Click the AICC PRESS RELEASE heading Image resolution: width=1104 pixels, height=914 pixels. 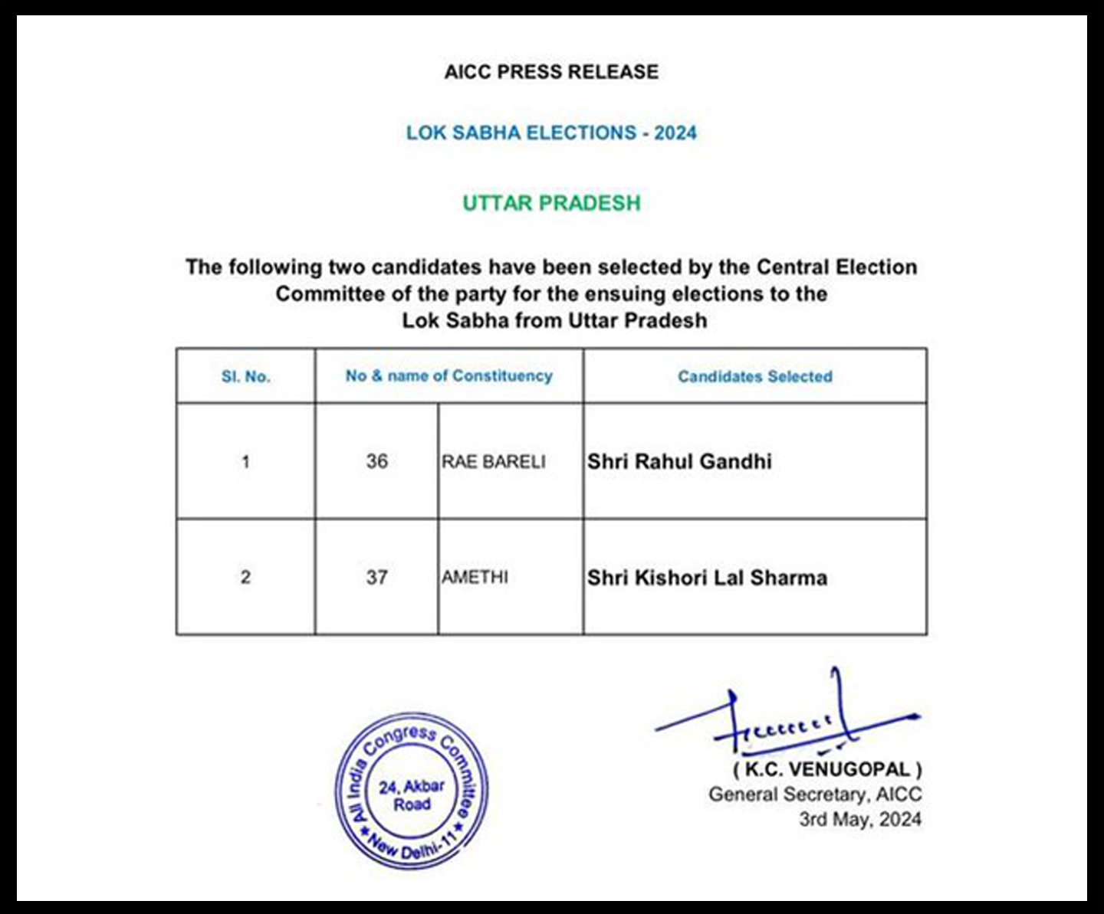[x=551, y=72]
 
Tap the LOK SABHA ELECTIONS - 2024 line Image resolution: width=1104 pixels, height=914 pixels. [x=551, y=133]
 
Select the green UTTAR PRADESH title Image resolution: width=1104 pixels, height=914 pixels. [x=551, y=203]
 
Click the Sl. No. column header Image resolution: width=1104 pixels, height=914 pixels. [x=245, y=376]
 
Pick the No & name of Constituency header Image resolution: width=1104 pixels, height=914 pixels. [x=449, y=375]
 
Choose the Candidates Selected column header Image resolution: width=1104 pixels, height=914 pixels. [x=754, y=376]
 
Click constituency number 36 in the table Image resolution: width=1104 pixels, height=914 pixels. [x=376, y=461]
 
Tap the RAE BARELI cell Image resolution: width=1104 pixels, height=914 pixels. [x=494, y=461]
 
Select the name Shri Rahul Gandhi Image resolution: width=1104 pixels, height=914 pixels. [x=679, y=461]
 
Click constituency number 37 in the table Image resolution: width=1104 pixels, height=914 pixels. [x=376, y=577]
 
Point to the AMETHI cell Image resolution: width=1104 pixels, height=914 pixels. [x=475, y=577]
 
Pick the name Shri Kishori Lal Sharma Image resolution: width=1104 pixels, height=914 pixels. [x=707, y=577]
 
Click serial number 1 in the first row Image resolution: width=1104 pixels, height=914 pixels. [x=245, y=461]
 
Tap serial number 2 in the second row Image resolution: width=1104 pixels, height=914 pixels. [x=245, y=577]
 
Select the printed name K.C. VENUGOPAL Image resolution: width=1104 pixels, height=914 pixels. [x=827, y=769]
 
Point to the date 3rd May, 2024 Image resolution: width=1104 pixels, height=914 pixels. [x=859, y=819]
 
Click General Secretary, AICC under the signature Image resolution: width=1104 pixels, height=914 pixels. [x=814, y=794]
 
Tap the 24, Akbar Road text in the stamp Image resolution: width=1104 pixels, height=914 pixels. [x=412, y=795]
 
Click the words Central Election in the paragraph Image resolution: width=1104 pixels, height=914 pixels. [x=836, y=267]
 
